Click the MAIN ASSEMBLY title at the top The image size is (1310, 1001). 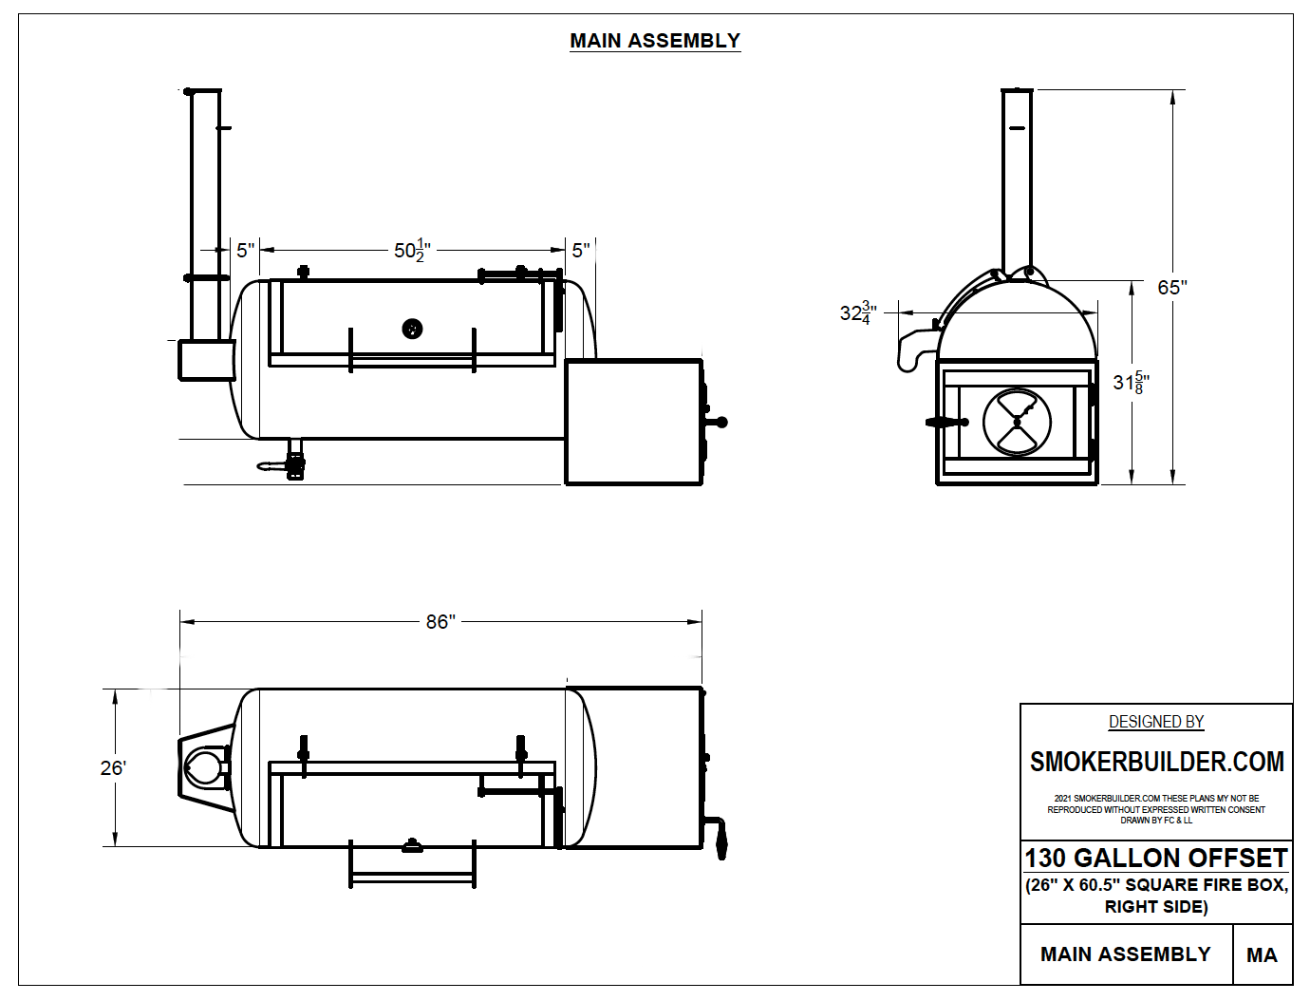[654, 41]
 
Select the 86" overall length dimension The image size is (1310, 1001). [440, 622]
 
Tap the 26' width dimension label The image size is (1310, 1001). [113, 767]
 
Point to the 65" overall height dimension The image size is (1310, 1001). [1172, 287]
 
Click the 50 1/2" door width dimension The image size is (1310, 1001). [412, 251]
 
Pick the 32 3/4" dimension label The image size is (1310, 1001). [857, 312]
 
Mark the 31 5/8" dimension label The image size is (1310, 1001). [1131, 382]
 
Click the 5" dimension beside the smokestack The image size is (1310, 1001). [245, 251]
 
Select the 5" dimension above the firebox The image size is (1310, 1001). [580, 251]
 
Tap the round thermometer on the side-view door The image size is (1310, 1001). [412, 329]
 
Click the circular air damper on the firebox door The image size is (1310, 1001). [1017, 422]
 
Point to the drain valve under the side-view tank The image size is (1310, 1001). [292, 463]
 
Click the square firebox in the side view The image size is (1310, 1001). [633, 423]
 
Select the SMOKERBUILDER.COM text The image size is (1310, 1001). [1156, 762]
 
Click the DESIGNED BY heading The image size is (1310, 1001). [1156, 722]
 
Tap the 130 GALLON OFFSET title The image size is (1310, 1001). [1155, 858]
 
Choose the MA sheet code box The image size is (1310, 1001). [1262, 954]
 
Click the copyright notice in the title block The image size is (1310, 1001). [1156, 809]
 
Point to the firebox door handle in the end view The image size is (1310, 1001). [945, 422]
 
